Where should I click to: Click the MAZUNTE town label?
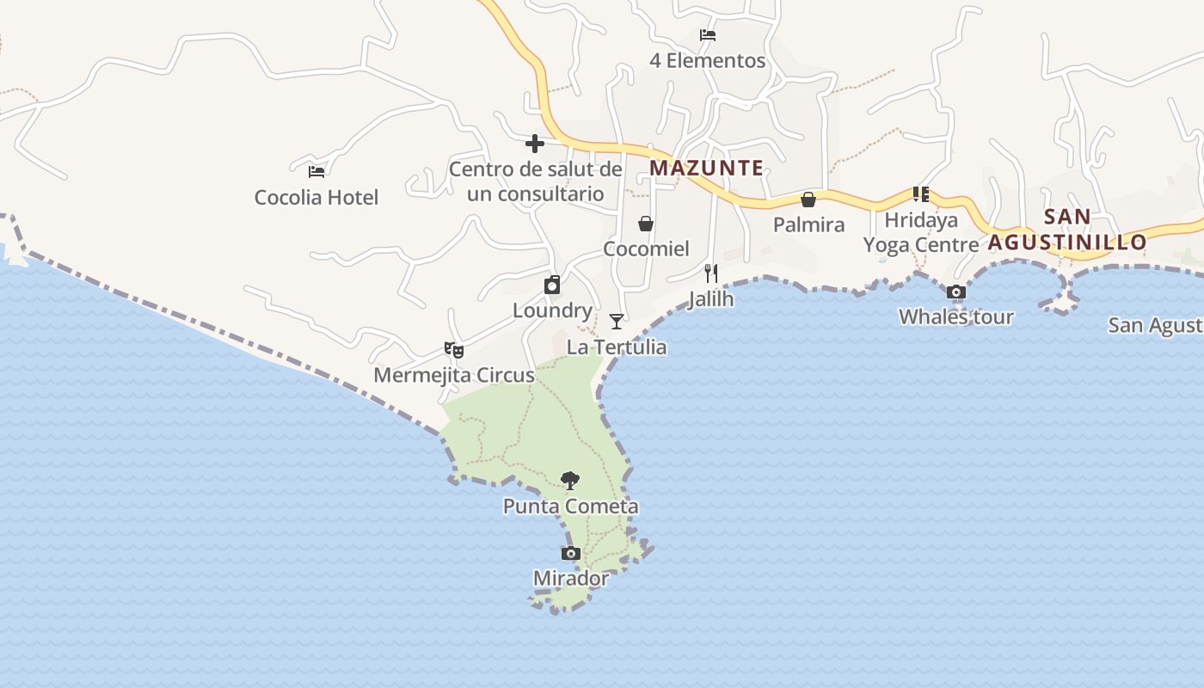[x=706, y=168]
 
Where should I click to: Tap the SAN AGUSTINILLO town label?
[x=1067, y=230]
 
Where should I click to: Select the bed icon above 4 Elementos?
[x=708, y=35]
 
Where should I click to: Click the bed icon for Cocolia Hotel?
[x=316, y=171]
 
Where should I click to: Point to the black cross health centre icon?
[x=535, y=143]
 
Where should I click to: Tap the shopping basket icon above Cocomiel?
[x=646, y=224]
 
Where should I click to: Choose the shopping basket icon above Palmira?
[x=808, y=200]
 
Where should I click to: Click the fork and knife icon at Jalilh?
[x=711, y=273]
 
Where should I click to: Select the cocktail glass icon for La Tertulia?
[x=617, y=322]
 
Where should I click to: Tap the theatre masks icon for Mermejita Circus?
[x=454, y=350]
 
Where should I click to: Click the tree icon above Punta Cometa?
[x=569, y=481]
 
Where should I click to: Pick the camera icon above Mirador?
[x=571, y=553]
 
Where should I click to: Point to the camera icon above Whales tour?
[x=955, y=292]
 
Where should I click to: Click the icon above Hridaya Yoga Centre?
[x=921, y=194]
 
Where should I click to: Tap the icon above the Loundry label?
[x=552, y=286]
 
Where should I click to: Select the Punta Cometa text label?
[x=571, y=507]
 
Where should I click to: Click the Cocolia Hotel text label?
[x=316, y=198]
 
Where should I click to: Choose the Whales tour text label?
[x=956, y=317]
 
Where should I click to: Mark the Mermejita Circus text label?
[x=454, y=376]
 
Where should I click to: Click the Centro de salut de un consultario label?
[x=535, y=181]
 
